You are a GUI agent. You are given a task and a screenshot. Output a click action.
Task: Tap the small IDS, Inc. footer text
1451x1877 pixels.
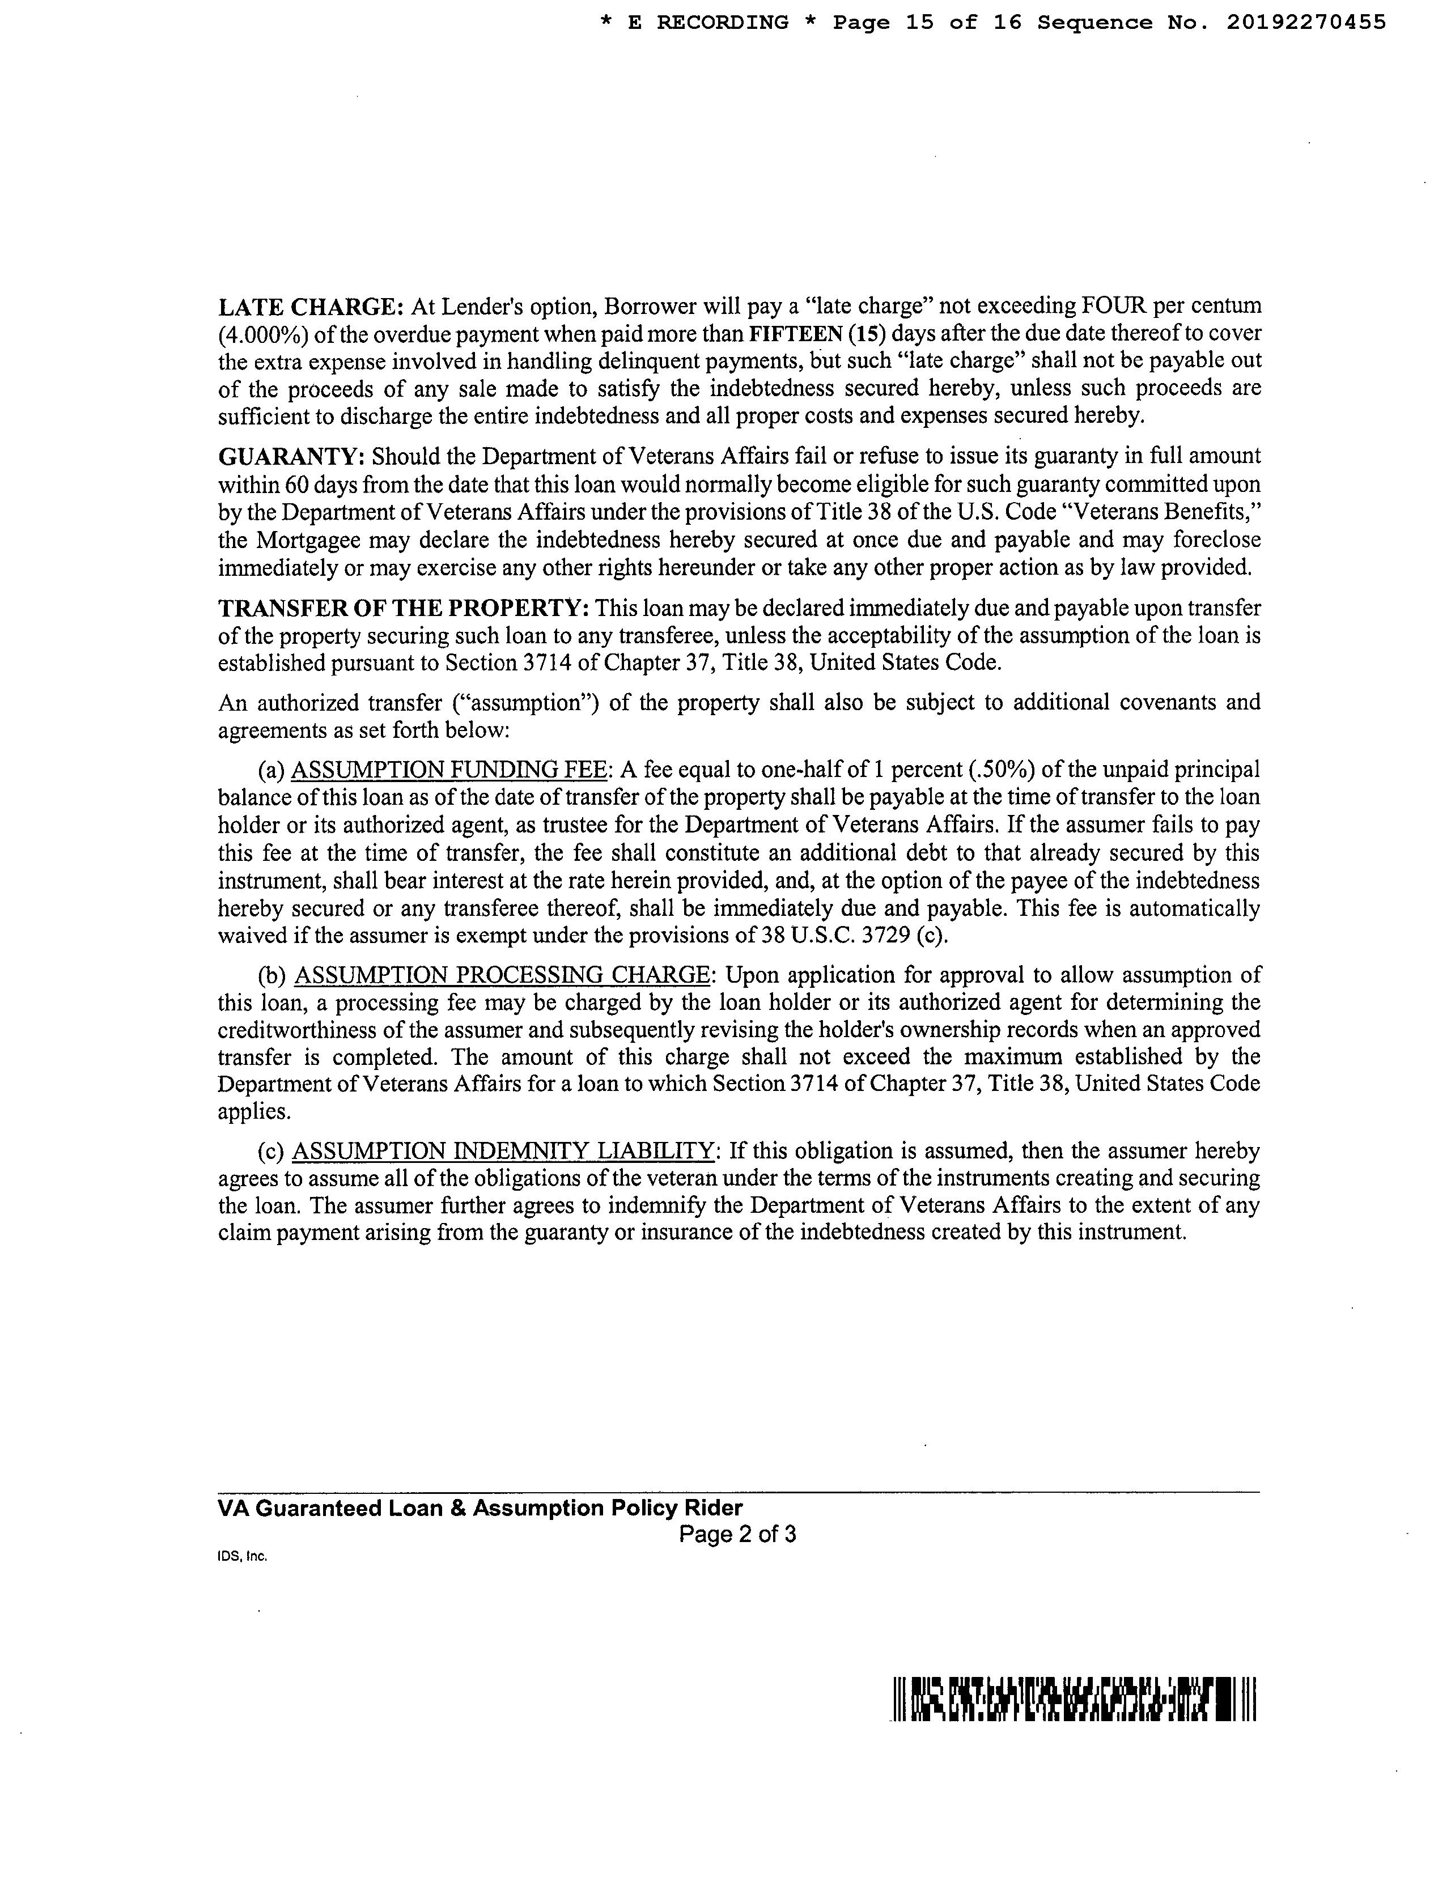click(243, 1556)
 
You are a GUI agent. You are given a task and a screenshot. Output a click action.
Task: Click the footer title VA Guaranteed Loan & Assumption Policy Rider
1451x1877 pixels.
click(481, 1508)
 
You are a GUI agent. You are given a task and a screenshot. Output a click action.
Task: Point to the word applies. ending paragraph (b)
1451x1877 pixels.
click(253, 1111)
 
